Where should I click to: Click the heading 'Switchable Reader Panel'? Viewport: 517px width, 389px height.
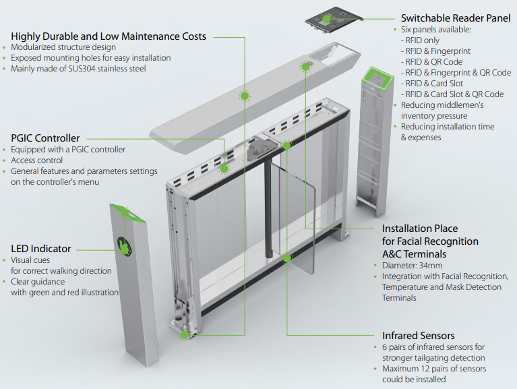tap(456, 18)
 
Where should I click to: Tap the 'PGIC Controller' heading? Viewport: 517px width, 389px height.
tap(45, 138)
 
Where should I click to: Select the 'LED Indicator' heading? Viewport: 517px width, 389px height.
tap(41, 249)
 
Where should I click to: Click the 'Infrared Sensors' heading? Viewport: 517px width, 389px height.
tap(418, 336)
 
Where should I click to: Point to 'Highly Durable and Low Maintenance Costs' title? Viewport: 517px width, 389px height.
tap(109, 36)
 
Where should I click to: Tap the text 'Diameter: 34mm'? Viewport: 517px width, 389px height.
tap(412, 266)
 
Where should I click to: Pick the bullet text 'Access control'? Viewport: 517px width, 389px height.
tap(36, 160)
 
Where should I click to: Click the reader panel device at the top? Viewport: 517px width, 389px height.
tap(334, 20)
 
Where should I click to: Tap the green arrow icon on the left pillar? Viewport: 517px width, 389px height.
tap(125, 246)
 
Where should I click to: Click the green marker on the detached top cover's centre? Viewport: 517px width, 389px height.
tap(244, 96)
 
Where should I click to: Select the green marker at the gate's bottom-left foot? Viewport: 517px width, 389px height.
tap(185, 335)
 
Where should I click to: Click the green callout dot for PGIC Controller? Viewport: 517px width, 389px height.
tap(224, 169)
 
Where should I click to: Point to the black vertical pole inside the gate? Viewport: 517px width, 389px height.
tap(268, 208)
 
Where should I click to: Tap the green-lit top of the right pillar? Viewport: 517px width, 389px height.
tap(378, 78)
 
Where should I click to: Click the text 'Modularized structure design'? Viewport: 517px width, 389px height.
tap(63, 47)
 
